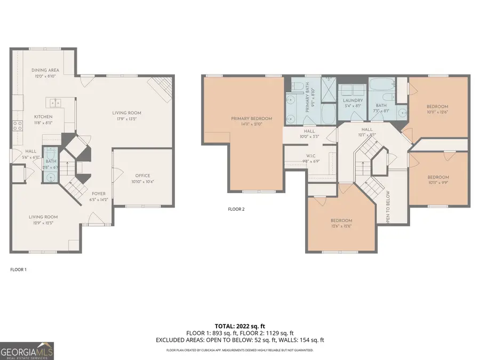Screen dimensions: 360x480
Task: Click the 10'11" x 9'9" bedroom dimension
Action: pos(437,183)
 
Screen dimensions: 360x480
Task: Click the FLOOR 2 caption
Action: pos(236,209)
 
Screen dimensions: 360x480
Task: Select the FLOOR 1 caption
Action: pos(18,269)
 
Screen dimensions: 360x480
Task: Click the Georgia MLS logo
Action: pos(27,350)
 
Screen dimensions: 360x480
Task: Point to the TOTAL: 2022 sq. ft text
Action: pos(239,325)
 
